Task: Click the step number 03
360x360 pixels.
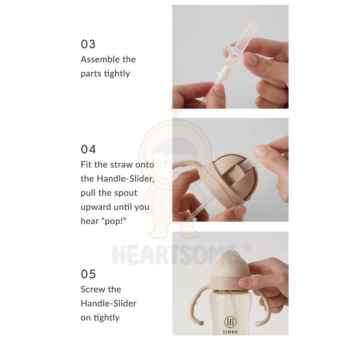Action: tap(88, 44)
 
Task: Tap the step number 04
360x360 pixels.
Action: tap(88, 149)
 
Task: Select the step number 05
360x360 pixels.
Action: tap(88, 274)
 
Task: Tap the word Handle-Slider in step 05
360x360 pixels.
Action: tap(109, 303)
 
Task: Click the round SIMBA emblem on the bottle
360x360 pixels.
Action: tap(230, 322)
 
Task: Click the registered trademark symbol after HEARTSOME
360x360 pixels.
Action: tap(246, 247)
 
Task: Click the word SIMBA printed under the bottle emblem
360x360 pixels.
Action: tap(230, 332)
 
